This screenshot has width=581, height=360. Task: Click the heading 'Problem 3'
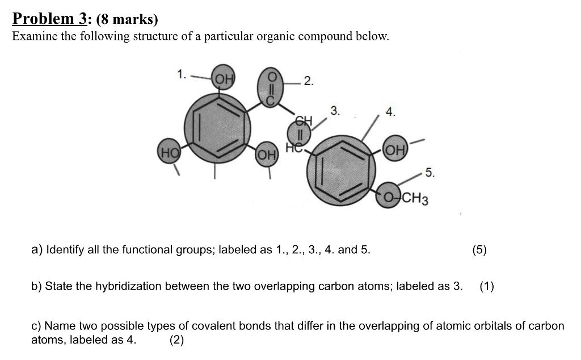pos(50,19)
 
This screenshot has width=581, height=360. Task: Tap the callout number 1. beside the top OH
pos(181,74)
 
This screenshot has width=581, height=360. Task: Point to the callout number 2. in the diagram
pos(308,81)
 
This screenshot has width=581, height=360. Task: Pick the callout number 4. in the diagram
pos(390,112)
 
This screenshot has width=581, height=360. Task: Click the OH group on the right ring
pos(395,150)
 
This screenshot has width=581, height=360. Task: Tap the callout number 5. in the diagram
pos(430,173)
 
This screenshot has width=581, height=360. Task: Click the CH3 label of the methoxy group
pos(416,199)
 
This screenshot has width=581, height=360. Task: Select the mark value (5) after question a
pos(479,249)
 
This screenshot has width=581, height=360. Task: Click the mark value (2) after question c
pos(176,340)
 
